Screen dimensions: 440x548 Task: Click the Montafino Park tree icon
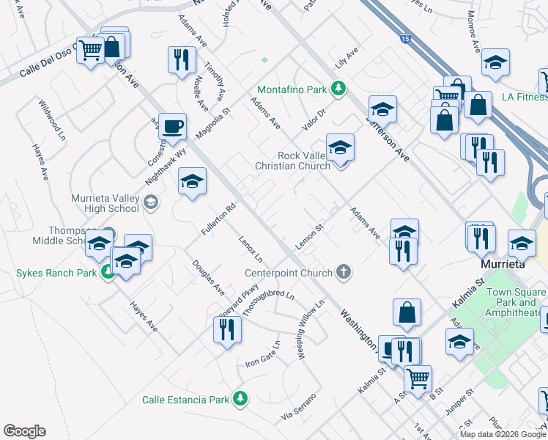(x=338, y=89)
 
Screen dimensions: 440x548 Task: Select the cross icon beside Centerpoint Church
(x=342, y=273)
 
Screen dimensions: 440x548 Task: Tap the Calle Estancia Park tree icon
(x=240, y=400)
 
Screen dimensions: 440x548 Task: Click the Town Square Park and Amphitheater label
(x=516, y=302)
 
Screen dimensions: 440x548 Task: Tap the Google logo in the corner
(x=24, y=430)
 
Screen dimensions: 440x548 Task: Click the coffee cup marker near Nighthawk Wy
(x=172, y=125)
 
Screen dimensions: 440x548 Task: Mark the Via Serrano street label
(x=298, y=408)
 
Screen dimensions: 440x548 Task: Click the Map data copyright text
(x=503, y=434)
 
